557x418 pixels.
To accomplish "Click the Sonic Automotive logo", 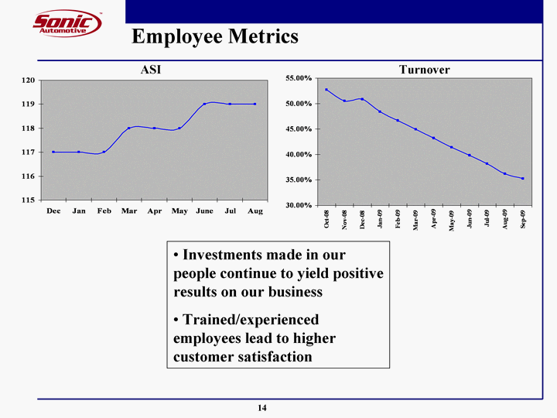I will pyautogui.click(x=67, y=23).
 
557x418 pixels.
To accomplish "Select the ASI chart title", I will pyautogui.click(x=151, y=70).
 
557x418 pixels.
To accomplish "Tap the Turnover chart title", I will pyautogui.click(x=424, y=70).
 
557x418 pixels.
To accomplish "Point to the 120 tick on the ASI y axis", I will pyautogui.click(x=27, y=80).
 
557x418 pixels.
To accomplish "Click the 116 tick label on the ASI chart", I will pyautogui.click(x=27, y=176).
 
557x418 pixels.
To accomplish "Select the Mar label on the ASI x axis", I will pyautogui.click(x=129, y=211).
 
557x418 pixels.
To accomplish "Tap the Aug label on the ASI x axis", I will pyautogui.click(x=255, y=211).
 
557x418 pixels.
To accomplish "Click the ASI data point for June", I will pyautogui.click(x=204, y=104).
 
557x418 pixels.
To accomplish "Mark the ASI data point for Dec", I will pyautogui.click(x=53, y=152).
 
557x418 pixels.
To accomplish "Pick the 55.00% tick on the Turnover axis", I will pyautogui.click(x=298, y=79).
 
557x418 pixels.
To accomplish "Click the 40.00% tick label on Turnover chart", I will pyautogui.click(x=298, y=155).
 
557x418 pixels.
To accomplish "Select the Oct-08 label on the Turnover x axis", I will pyautogui.click(x=327, y=220).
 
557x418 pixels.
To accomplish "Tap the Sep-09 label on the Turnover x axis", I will pyautogui.click(x=523, y=220).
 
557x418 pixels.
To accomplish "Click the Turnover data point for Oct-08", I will pyautogui.click(x=326, y=90).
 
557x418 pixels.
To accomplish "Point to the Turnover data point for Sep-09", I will pyautogui.click(x=523, y=179).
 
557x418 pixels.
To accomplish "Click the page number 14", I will pyautogui.click(x=263, y=408).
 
